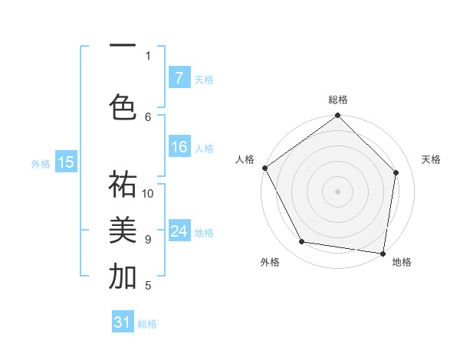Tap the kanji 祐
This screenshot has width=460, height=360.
(x=123, y=185)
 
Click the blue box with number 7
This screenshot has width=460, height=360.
(x=179, y=77)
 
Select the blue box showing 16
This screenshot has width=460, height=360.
(x=179, y=147)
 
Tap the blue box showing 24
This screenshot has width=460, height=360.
(x=179, y=231)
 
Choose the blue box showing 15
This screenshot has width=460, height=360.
(x=65, y=162)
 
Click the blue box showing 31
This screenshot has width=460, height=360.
(x=123, y=322)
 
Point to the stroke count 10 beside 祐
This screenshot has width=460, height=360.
(x=148, y=194)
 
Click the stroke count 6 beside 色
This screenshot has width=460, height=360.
(x=149, y=116)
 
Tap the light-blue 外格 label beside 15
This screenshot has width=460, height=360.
(x=41, y=163)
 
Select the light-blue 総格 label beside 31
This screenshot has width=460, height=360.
(x=147, y=324)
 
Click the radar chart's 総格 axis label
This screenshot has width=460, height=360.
(x=338, y=100)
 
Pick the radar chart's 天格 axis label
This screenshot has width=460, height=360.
(x=431, y=159)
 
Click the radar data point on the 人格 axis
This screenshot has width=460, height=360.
(x=265, y=168)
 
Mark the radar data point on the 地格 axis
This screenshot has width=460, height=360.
(x=383, y=252)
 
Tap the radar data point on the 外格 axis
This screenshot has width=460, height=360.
(x=302, y=242)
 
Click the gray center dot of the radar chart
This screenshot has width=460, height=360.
(x=338, y=191)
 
